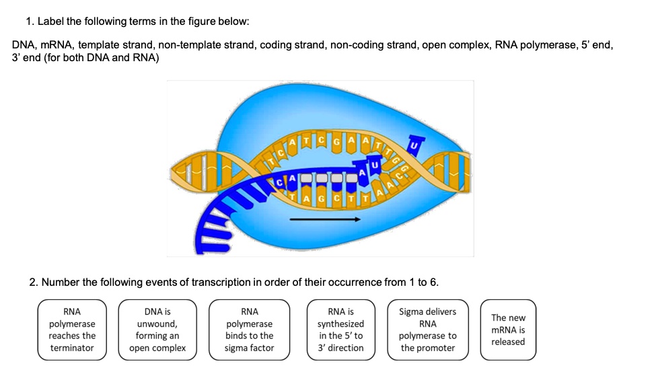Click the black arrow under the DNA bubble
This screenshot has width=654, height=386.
tap(325, 219)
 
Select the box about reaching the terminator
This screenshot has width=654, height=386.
tap(72, 330)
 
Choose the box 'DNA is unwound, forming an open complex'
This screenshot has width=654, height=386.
tap(157, 330)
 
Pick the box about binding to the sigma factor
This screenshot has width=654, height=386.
tap(249, 330)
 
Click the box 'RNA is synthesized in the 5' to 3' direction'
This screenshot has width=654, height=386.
tap(341, 330)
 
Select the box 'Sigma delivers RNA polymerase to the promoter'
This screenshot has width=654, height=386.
tap(427, 330)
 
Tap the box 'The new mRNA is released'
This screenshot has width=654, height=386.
tap(508, 330)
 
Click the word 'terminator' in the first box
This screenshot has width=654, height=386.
tap(72, 348)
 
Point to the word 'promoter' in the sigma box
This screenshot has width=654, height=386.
tap(427, 348)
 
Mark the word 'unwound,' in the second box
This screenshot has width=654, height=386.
tap(157, 323)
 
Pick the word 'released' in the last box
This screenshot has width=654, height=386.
tap(508, 342)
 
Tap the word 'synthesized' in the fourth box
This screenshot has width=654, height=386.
tap(341, 323)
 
